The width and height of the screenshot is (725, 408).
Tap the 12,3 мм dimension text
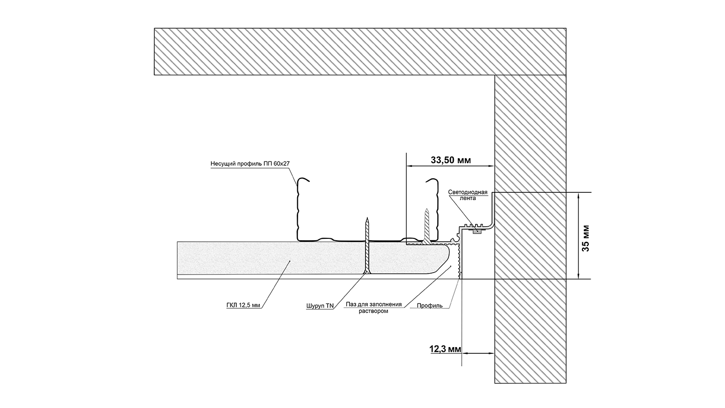(x=445, y=348)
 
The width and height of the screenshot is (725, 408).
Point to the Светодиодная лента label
(x=468, y=195)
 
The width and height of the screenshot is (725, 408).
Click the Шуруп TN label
(x=319, y=306)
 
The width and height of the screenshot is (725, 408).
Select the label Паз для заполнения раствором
(x=374, y=307)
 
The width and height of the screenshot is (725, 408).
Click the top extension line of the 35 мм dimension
(x=541, y=192)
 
